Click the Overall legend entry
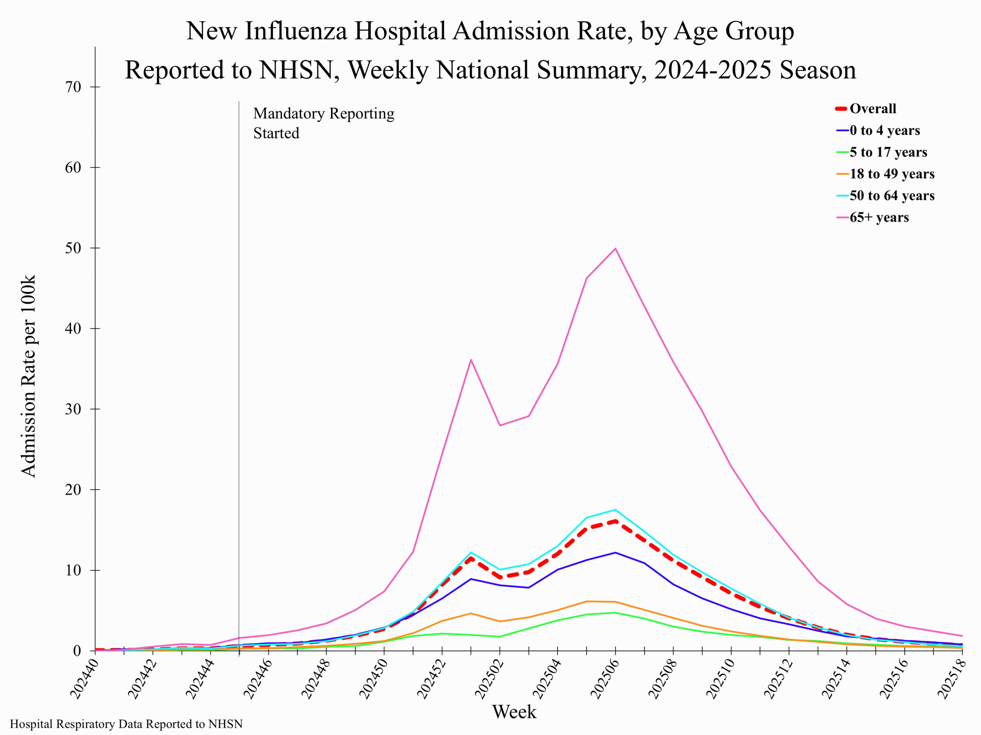(872, 109)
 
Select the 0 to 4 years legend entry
(884, 130)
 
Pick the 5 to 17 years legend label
(888, 152)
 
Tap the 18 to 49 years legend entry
(891, 174)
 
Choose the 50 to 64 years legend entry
(891, 195)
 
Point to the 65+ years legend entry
(879, 217)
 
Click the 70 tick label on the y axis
(74, 87)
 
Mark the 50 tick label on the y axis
(74, 248)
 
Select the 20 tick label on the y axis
(74, 490)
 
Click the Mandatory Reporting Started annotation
(323, 123)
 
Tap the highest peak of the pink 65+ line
(615, 248)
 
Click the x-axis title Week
(514, 712)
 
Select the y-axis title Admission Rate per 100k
(28, 376)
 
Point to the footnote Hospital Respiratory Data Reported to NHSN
(126, 724)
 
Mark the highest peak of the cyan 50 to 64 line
(615, 510)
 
